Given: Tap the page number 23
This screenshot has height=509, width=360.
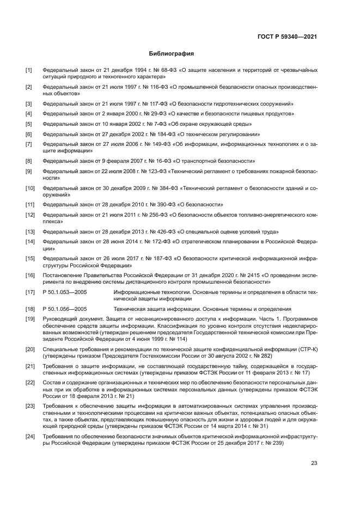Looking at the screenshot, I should click(314, 463).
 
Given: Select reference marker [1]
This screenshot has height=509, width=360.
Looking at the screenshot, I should click(29, 71).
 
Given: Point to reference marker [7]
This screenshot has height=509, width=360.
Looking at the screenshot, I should click(29, 144).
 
